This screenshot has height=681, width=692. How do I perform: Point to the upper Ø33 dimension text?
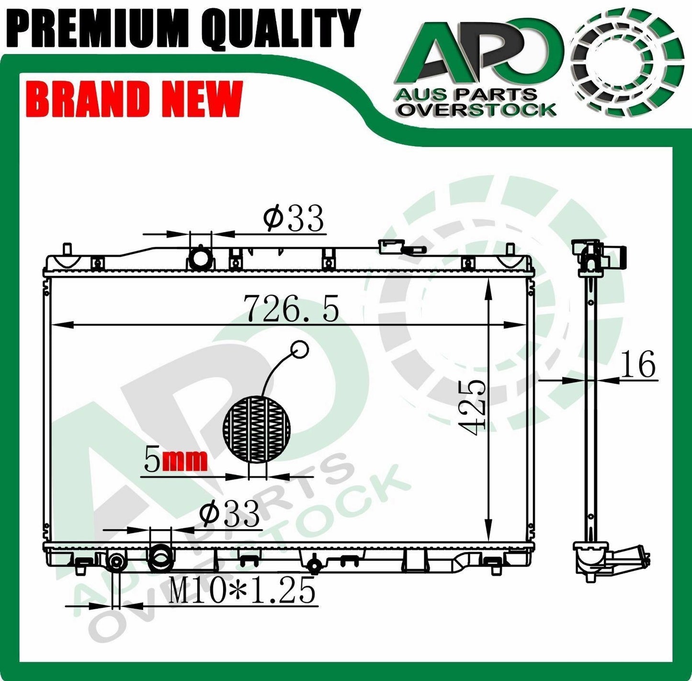(294, 219)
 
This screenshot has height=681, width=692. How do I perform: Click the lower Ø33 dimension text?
(230, 514)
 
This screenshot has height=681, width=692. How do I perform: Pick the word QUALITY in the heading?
(280, 27)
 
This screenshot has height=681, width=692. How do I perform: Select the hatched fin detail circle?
(257, 430)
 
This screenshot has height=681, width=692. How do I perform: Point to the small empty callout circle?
(300, 349)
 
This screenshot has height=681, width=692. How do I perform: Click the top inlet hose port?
(200, 259)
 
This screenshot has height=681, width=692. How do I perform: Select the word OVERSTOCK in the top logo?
(478, 110)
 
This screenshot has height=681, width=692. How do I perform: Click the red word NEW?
(202, 99)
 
